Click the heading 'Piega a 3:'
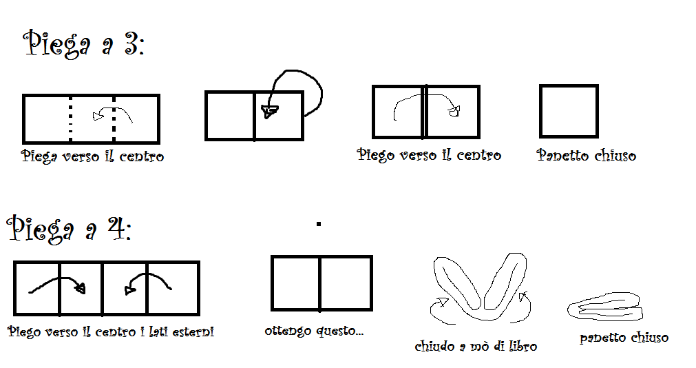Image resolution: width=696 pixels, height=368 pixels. click(x=83, y=44)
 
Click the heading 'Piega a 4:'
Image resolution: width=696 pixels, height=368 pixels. click(x=70, y=229)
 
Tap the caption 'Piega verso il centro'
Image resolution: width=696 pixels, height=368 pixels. click(x=92, y=156)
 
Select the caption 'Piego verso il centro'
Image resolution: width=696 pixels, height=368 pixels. click(x=429, y=154)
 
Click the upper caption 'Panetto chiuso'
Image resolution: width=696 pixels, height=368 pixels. click(x=587, y=155)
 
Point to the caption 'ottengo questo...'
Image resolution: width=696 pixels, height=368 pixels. click(x=314, y=331)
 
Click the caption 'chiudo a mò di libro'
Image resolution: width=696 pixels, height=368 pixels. click(x=476, y=346)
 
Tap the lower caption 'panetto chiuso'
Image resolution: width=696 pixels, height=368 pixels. click(x=624, y=338)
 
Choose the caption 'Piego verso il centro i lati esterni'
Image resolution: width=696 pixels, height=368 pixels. click(x=111, y=331)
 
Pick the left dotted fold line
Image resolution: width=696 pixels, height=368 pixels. click(x=71, y=119)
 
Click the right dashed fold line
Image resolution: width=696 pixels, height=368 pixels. click(x=114, y=119)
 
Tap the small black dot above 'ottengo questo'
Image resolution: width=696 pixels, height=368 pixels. click(x=318, y=224)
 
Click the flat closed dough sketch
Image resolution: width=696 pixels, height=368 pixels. click(x=605, y=306)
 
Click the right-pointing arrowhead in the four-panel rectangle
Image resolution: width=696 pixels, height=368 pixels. click(x=81, y=289)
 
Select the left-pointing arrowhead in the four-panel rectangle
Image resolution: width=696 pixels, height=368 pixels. click(x=129, y=290)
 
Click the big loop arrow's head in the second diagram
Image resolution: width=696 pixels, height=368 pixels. click(x=269, y=111)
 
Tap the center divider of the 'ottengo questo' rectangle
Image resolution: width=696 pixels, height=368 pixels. click(x=319, y=283)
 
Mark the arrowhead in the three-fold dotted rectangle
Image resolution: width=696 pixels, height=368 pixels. click(x=98, y=116)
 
